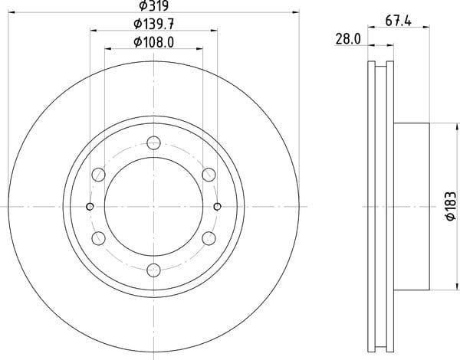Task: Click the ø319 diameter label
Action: (154, 5)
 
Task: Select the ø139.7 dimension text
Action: (154, 24)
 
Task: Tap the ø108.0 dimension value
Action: (154, 42)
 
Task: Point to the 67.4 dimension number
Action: (399, 21)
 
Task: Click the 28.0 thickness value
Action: (348, 39)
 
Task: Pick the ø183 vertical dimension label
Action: (451, 206)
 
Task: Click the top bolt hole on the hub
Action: (154, 143)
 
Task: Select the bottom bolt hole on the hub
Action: (154, 270)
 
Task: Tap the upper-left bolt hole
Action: (99, 175)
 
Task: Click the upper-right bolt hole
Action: (209, 175)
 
